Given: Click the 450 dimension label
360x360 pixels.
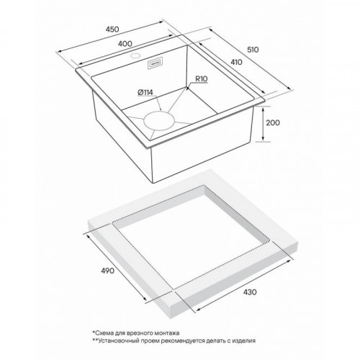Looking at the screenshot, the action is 112,30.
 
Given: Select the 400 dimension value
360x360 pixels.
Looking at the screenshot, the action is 125,44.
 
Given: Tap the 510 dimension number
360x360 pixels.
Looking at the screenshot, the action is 253,50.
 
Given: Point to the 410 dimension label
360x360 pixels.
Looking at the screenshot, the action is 236,62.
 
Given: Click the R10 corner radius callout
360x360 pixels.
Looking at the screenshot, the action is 202,79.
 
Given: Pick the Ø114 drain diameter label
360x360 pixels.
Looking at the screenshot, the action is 145,92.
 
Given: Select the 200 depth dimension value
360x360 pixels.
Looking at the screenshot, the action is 273,122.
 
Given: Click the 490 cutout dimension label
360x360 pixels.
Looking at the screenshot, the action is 107,271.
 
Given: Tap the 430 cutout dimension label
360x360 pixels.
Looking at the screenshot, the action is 250,292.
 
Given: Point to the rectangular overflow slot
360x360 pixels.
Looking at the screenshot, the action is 155,63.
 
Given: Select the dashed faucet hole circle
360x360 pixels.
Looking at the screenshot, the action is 135,56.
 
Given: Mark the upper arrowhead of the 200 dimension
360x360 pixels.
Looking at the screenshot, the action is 264,109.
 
